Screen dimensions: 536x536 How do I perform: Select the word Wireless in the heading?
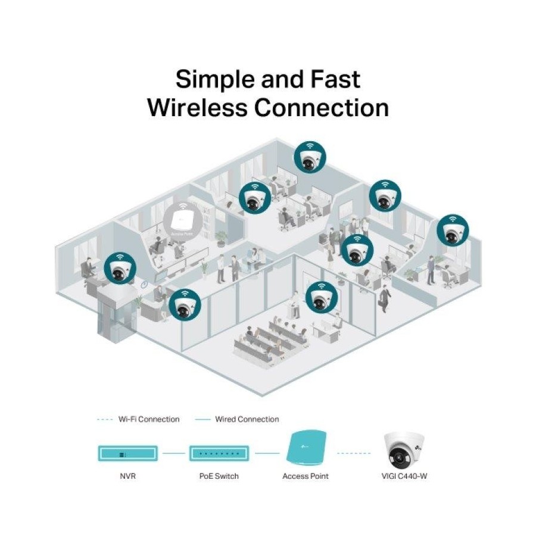[198, 108]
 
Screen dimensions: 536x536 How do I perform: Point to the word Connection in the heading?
[322, 108]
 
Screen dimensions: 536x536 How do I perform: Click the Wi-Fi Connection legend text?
[148, 419]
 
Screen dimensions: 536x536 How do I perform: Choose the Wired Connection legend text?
[247, 419]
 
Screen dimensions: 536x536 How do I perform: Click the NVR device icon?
[127, 454]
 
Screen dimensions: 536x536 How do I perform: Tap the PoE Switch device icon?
[218, 454]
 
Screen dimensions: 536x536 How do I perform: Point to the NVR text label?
[127, 476]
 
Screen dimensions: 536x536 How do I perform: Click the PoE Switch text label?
[219, 476]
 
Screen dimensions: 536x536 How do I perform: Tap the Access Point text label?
[306, 476]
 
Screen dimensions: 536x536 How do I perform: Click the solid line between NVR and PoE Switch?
[173, 454]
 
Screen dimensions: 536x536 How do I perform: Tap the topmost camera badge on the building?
[309, 157]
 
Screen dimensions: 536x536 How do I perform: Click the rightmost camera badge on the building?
[453, 230]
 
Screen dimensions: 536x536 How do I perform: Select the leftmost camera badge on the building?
[120, 268]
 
